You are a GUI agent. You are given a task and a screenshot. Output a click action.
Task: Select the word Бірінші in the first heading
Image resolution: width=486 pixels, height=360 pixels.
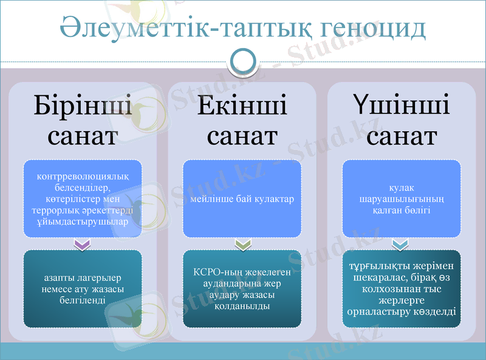[x=83, y=107]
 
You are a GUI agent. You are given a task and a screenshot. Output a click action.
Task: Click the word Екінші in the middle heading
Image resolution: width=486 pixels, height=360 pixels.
[x=242, y=107]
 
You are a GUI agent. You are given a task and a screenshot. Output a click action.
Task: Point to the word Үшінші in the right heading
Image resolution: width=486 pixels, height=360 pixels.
[x=402, y=107]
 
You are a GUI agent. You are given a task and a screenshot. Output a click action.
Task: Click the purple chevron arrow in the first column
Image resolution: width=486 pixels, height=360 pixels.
[x=82, y=244]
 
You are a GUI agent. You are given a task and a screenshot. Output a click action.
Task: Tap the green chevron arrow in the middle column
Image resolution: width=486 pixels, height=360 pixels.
[x=242, y=244]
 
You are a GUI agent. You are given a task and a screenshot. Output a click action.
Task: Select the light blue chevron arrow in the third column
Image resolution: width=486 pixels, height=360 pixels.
[x=402, y=244]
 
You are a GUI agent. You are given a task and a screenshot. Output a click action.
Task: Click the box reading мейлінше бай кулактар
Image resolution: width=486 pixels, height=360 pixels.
[x=242, y=199]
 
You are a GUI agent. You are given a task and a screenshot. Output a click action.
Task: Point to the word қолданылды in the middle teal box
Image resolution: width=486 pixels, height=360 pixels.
[x=242, y=306]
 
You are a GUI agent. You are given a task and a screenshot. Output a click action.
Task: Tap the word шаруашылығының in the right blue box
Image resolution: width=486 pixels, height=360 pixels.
[x=402, y=199]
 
